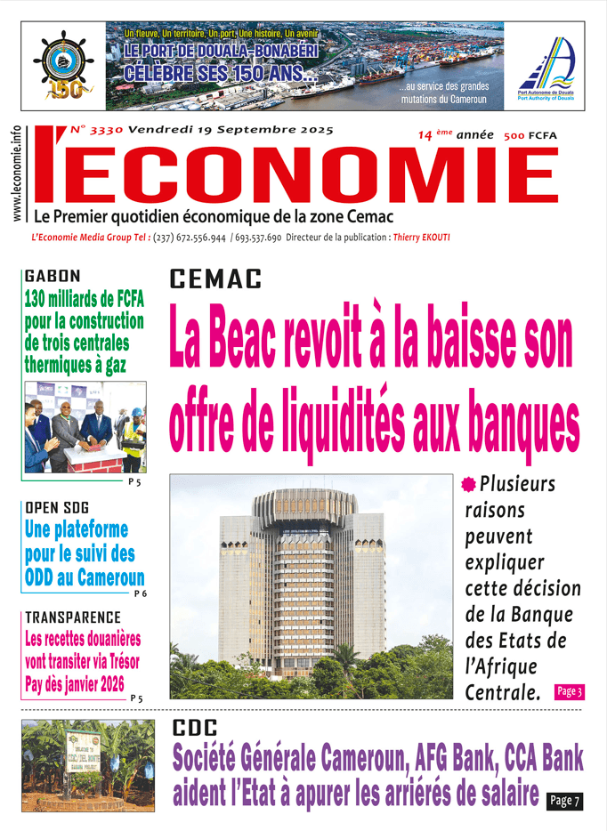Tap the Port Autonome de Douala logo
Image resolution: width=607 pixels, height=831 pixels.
(x=546, y=67)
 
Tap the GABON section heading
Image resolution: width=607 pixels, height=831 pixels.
(x=53, y=277)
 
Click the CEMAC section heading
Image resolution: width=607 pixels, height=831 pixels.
(x=215, y=279)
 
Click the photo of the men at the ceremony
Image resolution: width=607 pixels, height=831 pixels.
(x=85, y=427)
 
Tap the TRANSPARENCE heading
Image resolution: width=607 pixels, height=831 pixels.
(x=72, y=617)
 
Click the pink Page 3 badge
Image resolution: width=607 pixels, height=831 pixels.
(x=569, y=691)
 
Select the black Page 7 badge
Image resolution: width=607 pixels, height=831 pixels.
(x=564, y=801)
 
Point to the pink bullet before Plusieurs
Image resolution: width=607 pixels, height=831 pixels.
(x=469, y=485)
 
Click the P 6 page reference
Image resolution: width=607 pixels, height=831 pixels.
(x=139, y=593)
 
